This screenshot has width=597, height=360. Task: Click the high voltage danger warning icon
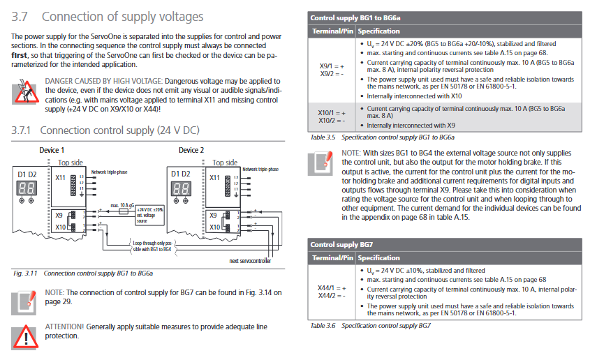tap(25, 91)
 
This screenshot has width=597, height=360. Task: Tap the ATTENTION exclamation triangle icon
tap(25, 337)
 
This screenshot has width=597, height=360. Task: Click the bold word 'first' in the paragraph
tap(19, 55)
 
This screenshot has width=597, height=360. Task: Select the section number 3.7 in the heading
tap(20, 17)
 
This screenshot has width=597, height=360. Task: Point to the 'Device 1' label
tap(52, 150)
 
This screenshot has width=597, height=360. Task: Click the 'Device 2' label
tap(191, 150)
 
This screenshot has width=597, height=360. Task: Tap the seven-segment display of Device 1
tap(27, 188)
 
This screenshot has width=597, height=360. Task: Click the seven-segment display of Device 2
tap(181, 188)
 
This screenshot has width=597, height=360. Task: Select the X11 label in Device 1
tap(60, 177)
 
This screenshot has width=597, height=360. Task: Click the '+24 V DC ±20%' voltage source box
tap(150, 215)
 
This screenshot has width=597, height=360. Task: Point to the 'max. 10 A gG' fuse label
tap(123, 205)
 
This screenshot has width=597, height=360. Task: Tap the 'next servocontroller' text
tap(250, 261)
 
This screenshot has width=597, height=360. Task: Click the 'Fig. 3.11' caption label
tap(25, 273)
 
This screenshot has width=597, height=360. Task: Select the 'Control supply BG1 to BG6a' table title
tap(355, 18)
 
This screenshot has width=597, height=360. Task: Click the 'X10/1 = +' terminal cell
tap(332, 113)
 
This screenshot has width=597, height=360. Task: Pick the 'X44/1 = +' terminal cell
tap(332, 288)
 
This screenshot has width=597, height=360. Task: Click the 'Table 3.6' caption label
tap(323, 325)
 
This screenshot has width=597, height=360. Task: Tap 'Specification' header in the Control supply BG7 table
tap(379, 258)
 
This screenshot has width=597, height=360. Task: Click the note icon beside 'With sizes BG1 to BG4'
tap(320, 163)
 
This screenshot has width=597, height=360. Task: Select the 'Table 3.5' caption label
tap(323, 137)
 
